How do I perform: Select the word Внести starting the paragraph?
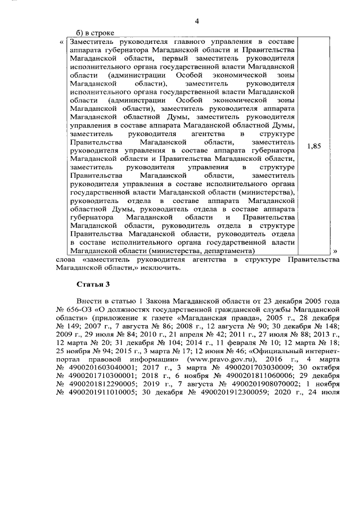point(91,301)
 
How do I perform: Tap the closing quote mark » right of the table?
point(335,250)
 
